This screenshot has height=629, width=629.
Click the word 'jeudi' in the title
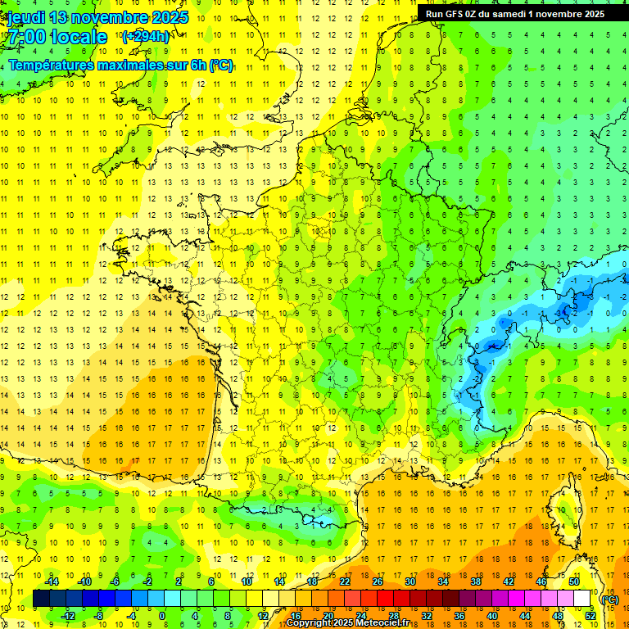click(x=25, y=17)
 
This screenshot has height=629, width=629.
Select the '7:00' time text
click(x=24, y=37)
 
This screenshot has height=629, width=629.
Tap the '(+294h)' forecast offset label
click(x=146, y=36)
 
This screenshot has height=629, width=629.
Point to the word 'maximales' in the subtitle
click(x=133, y=65)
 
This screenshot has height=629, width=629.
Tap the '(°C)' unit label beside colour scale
click(x=609, y=600)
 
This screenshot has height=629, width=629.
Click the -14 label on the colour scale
click(x=52, y=581)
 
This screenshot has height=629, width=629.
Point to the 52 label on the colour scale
click(x=590, y=616)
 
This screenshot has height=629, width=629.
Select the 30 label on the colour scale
click(x=410, y=581)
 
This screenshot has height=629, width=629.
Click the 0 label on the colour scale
click(x=161, y=616)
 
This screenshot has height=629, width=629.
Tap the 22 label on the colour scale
click(x=345, y=581)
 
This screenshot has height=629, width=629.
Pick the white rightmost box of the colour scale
click(x=582, y=599)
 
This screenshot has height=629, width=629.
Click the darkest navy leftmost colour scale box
click(x=41, y=599)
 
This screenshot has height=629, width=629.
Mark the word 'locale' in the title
click(x=79, y=37)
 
